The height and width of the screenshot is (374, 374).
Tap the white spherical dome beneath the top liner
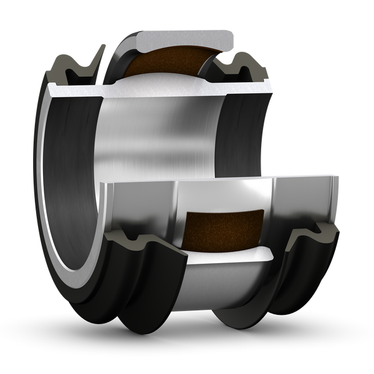click(x=168, y=81)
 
